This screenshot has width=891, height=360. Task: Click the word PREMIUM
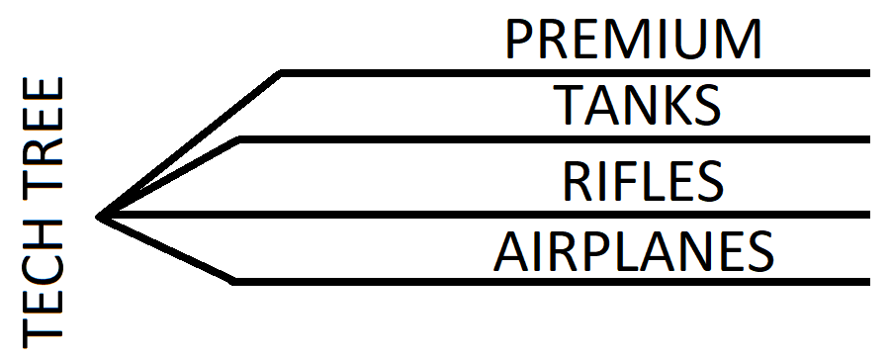pyautogui.click(x=634, y=39)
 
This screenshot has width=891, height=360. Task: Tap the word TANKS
pyautogui.click(x=636, y=105)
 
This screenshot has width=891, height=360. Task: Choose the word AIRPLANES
pyautogui.click(x=633, y=252)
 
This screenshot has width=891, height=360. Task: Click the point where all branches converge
pyautogui.click(x=100, y=215)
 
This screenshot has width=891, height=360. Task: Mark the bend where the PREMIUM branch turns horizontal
pyautogui.click(x=282, y=72)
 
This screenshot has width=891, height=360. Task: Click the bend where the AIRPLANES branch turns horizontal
pyautogui.click(x=233, y=282)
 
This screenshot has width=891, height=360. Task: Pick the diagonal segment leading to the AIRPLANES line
pyautogui.click(x=166, y=248)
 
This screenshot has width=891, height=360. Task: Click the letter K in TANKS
pyautogui.click(x=668, y=105)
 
